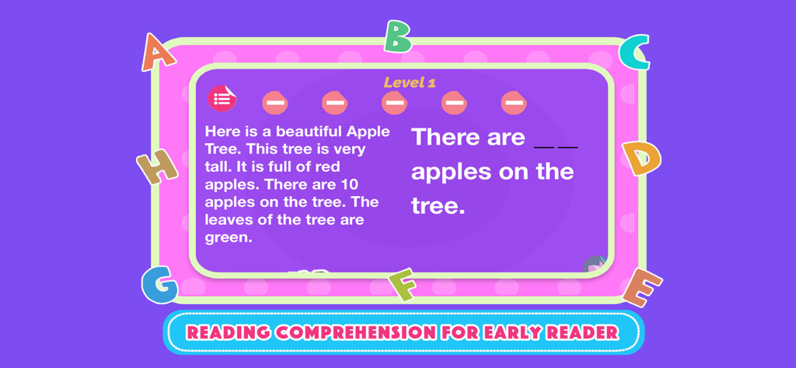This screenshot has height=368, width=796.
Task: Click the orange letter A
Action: (x=158, y=53)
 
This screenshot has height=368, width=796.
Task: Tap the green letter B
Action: (x=397, y=37)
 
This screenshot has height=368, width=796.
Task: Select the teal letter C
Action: (x=635, y=53)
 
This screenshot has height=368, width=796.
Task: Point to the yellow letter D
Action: (x=641, y=159)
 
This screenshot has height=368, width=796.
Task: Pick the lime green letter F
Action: (x=403, y=284)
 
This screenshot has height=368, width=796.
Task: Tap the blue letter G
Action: (x=159, y=285)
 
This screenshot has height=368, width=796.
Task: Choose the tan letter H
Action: (x=157, y=166)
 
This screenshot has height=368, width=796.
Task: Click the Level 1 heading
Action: (x=410, y=82)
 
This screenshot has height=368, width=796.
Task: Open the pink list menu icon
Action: (x=222, y=99)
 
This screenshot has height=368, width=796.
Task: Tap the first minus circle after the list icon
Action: (x=274, y=102)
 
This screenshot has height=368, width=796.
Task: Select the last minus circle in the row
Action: (x=513, y=102)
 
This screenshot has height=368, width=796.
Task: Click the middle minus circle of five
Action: (x=394, y=102)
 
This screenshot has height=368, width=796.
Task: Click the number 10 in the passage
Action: (x=348, y=184)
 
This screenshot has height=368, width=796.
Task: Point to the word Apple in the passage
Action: (x=368, y=131)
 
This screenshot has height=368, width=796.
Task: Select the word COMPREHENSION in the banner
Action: (x=356, y=333)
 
